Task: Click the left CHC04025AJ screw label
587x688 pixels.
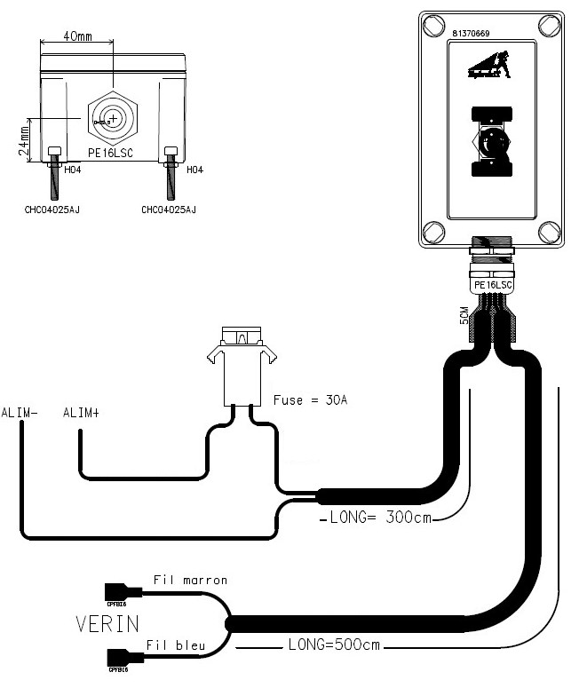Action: click(x=53, y=210)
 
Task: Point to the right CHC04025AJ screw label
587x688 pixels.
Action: click(x=168, y=210)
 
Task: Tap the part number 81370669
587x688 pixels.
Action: click(x=477, y=33)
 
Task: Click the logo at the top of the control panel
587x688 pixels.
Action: click(x=489, y=66)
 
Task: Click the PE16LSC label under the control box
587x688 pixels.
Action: click(x=492, y=285)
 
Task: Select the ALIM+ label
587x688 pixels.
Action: click(x=81, y=413)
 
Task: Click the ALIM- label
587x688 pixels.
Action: click(x=19, y=413)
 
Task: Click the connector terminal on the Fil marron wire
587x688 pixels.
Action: click(x=118, y=590)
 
